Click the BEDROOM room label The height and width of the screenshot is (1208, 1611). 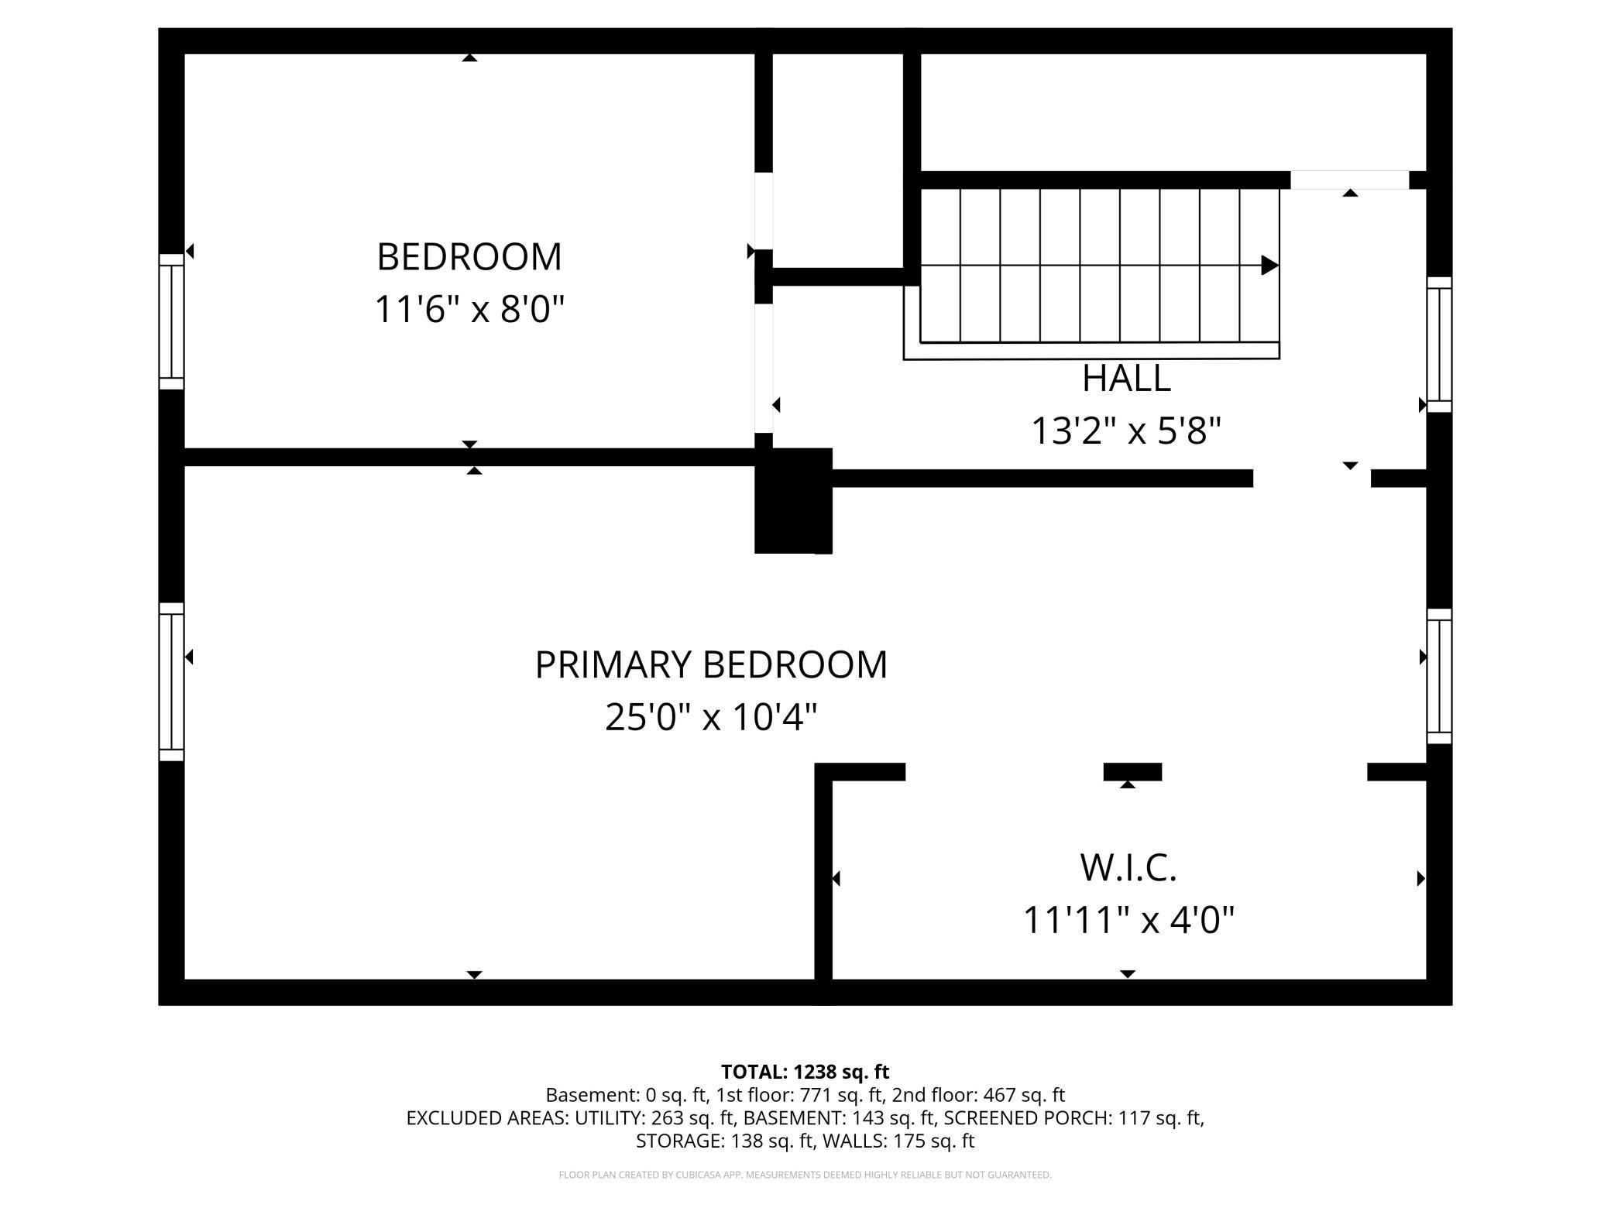tap(469, 257)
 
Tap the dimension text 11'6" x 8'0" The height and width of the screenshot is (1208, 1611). tap(469, 309)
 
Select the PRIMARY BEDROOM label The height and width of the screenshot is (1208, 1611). tap(710, 664)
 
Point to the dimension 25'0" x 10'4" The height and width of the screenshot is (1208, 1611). tap(710, 717)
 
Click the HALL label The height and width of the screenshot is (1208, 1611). tap(1125, 379)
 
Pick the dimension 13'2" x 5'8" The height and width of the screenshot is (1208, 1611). tap(1125, 431)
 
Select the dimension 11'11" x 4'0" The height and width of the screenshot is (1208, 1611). tap(1128, 921)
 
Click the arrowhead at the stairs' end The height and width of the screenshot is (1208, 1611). tap(1269, 265)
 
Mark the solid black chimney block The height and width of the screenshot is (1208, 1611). tap(793, 501)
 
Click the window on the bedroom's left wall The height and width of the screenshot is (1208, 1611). tap(171, 321)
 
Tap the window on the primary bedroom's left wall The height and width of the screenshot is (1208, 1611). tap(171, 681)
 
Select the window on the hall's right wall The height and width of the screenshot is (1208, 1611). tap(1439, 345)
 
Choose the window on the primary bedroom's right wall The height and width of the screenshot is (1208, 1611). tap(1439, 676)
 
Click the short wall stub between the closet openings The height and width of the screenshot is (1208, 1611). tap(1132, 771)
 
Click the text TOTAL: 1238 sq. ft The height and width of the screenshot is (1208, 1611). tap(805, 1072)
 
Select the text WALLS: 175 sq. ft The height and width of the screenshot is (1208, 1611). tap(898, 1141)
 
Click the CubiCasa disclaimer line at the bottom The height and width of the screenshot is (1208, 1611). tap(805, 1175)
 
